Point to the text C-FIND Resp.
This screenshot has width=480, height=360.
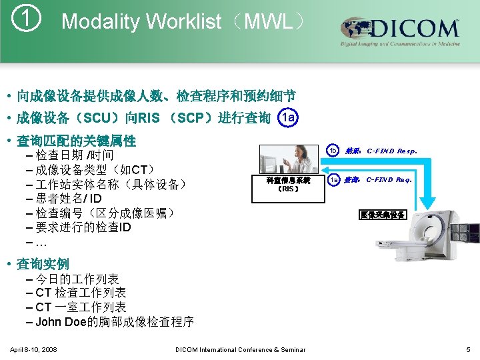pyautogui.click(x=392, y=151)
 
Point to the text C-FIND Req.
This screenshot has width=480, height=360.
pyautogui.click(x=389, y=179)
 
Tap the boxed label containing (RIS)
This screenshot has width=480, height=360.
pyautogui.click(x=287, y=185)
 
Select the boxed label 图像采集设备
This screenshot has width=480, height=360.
pyautogui.click(x=382, y=215)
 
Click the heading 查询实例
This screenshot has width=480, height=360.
pyautogui.click(x=43, y=263)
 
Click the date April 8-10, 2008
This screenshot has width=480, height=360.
pyautogui.click(x=33, y=349)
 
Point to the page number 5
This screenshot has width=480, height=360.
pyautogui.click(x=469, y=349)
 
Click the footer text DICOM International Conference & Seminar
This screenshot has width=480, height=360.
pyautogui.click(x=240, y=349)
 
